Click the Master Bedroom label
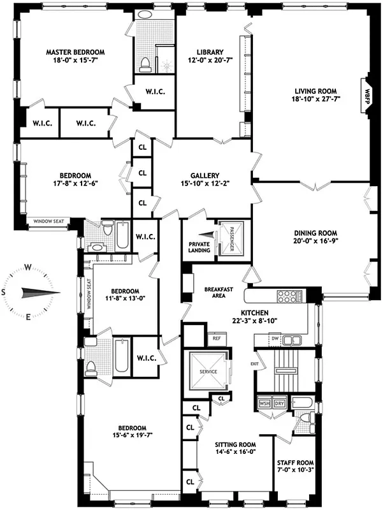pos(75,52)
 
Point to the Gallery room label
pos(205,176)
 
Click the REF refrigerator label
pos(216,338)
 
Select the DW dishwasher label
pos(275,339)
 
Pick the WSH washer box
pos(264,404)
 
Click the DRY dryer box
pos(279,404)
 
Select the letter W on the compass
pos(28,267)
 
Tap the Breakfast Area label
pos(217,292)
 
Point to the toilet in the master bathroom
pos(145,62)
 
